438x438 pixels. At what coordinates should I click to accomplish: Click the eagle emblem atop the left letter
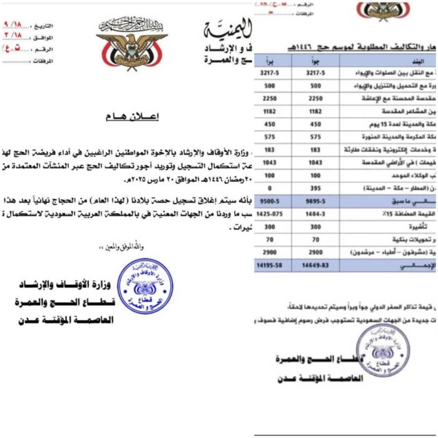click(x=131, y=43)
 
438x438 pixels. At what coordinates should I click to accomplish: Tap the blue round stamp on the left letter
click(x=145, y=287)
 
